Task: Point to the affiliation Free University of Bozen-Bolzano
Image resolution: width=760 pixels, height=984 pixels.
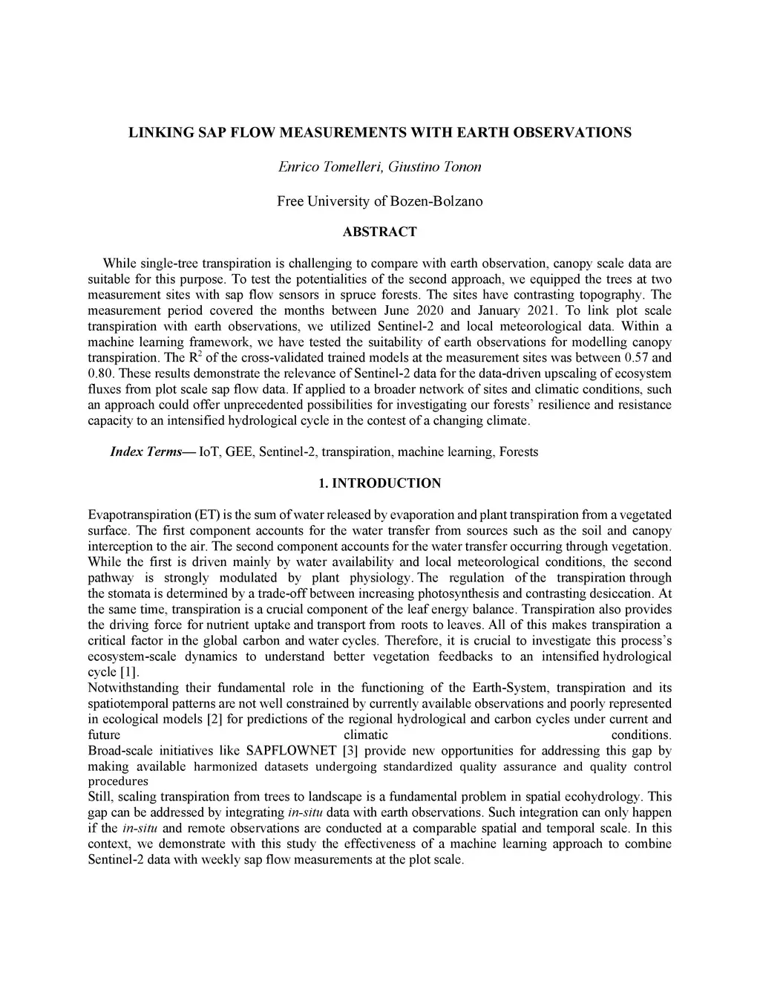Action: coord(379,201)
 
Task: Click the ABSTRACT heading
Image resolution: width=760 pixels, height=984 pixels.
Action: coord(379,232)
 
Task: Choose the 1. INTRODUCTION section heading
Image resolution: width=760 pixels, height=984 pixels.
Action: coord(379,483)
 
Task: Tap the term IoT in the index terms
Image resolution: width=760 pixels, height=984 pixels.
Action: coord(210,452)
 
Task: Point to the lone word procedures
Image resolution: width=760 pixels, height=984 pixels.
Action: coord(118,781)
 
